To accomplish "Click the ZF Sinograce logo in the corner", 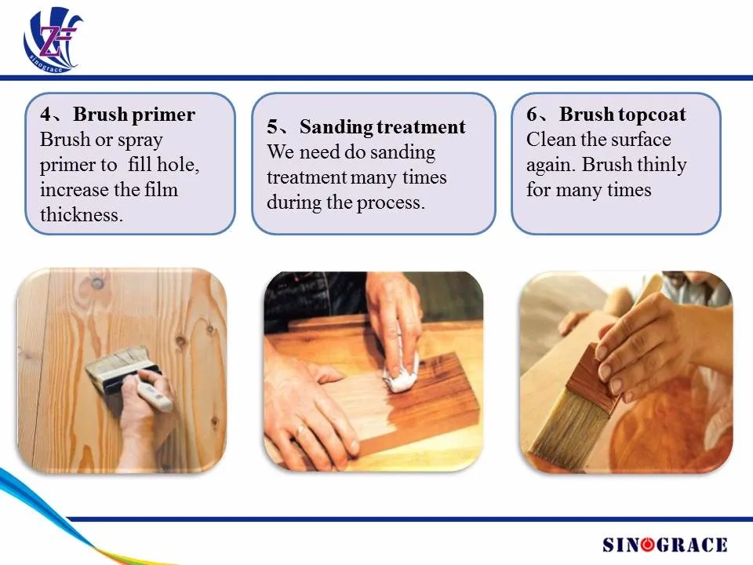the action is point(53,40).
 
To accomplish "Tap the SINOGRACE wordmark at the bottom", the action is point(664,545).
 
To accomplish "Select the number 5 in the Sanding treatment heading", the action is point(272,127).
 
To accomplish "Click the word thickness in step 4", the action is point(82,214).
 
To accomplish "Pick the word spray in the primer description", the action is point(140,140).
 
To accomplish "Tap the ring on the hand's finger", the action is point(300,430).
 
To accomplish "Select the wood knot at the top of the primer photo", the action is point(97,283).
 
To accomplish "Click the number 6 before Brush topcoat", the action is point(532,115).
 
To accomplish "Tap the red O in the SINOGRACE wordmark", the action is point(648,545).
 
